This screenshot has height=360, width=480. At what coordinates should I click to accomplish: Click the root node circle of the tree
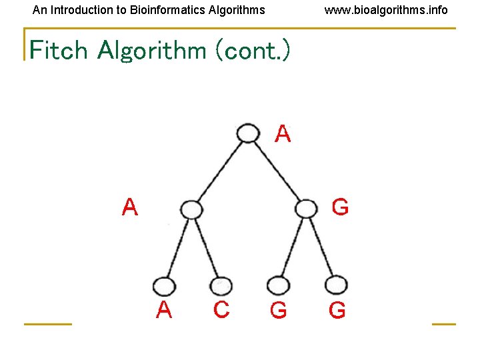(248, 133)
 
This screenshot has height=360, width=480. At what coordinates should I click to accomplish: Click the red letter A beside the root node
(283, 135)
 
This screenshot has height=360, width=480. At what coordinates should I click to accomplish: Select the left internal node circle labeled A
(191, 210)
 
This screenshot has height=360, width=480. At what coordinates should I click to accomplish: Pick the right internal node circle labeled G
(306, 209)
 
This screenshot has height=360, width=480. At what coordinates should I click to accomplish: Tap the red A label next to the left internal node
(130, 208)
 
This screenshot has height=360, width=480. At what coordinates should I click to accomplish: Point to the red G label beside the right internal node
(340, 208)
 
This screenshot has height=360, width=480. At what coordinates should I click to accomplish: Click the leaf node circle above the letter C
(221, 285)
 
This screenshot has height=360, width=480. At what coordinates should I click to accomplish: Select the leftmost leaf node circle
(163, 287)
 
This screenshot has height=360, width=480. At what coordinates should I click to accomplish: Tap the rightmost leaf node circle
(336, 286)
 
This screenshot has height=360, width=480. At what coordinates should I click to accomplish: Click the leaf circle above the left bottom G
(278, 286)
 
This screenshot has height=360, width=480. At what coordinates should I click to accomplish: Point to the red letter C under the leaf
(221, 310)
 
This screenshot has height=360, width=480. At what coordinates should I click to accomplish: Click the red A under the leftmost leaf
(164, 310)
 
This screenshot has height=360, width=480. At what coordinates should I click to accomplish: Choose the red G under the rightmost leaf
(337, 311)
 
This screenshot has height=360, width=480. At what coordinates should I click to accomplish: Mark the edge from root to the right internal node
(277, 171)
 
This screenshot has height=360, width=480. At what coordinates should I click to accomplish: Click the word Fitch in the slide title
(59, 50)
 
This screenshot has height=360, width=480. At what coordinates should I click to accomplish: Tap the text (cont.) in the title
(252, 50)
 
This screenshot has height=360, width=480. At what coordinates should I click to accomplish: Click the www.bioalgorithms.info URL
(386, 10)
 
